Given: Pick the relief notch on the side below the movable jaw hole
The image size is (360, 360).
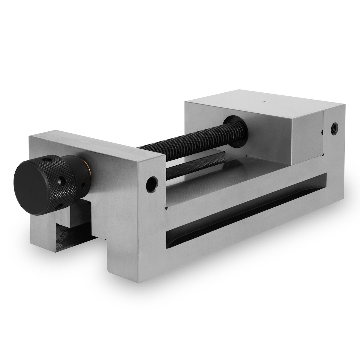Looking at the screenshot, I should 166,208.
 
